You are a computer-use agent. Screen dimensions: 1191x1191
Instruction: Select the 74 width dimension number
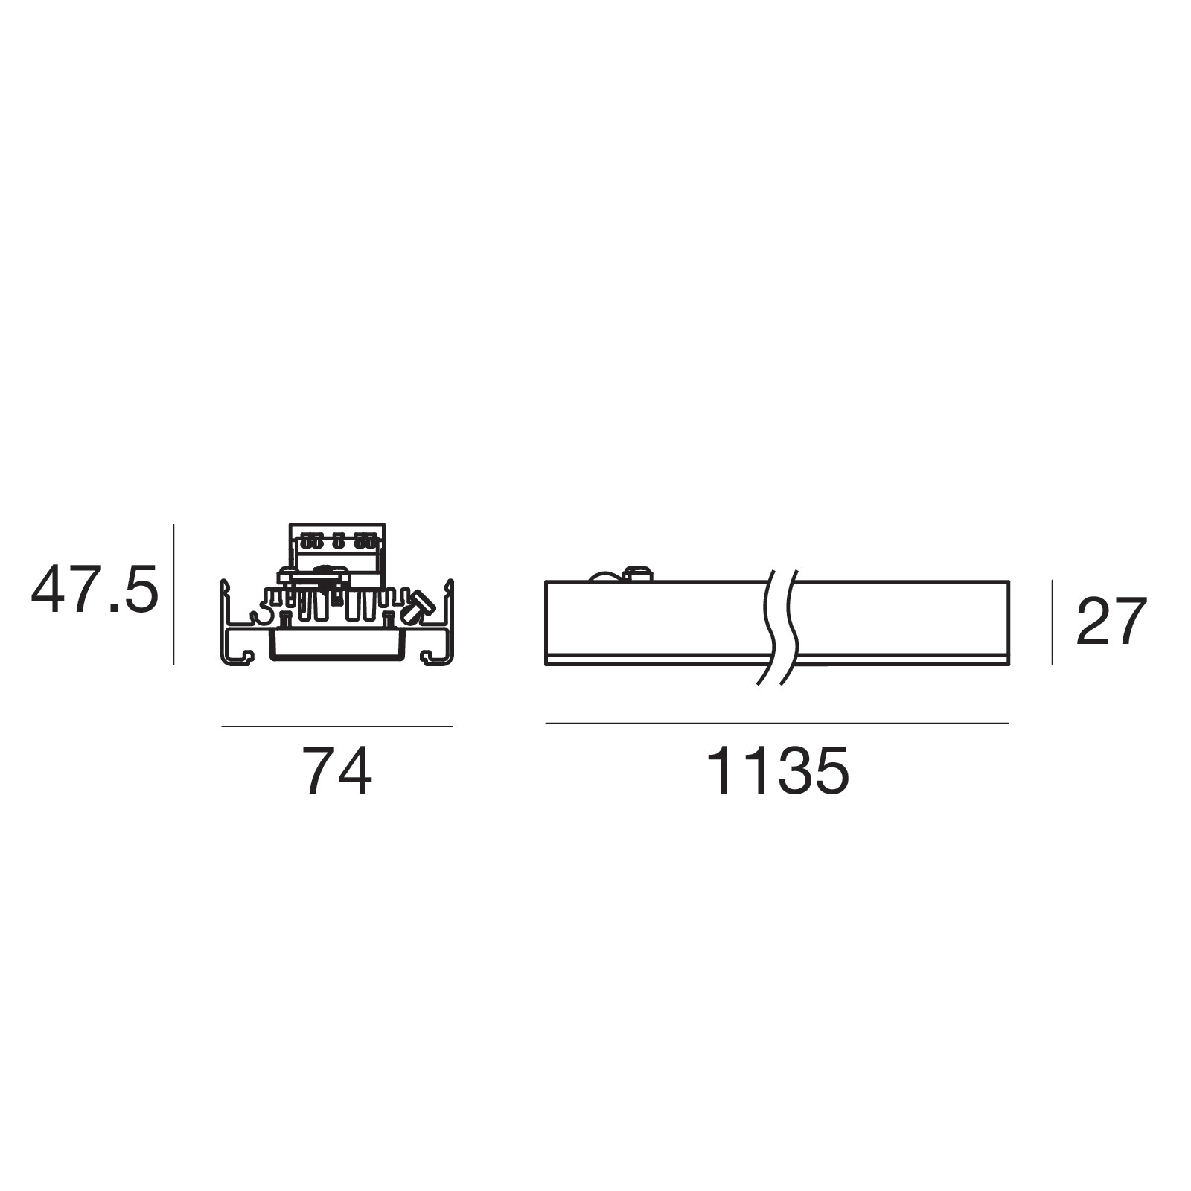click(x=336, y=772)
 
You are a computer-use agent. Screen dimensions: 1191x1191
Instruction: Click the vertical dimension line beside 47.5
click(x=173, y=594)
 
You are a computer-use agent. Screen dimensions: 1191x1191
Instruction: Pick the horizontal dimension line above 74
click(x=337, y=726)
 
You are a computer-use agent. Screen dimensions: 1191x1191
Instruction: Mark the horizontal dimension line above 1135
click(x=777, y=723)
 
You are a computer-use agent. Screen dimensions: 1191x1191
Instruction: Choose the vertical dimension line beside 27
click(x=1052, y=622)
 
